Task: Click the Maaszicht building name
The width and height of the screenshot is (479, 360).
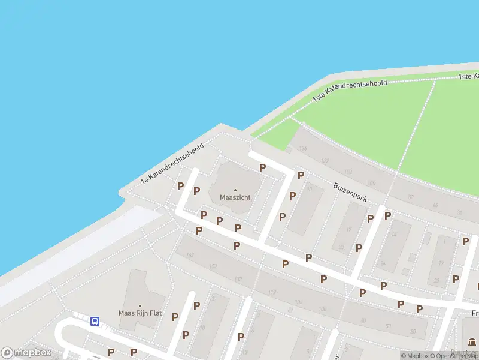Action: (x=235, y=197)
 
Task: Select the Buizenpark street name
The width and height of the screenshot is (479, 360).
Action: (x=350, y=193)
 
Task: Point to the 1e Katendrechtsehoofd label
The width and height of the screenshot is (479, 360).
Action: (x=172, y=163)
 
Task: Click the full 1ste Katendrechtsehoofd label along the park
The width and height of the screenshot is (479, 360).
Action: (x=350, y=91)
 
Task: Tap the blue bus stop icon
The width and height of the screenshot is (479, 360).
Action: (x=95, y=321)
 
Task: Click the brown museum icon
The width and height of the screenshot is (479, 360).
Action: (x=472, y=342)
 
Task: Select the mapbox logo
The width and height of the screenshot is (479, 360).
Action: (x=26, y=353)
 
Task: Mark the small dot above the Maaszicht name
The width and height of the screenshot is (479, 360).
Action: (x=235, y=190)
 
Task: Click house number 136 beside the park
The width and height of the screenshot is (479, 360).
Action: (x=302, y=148)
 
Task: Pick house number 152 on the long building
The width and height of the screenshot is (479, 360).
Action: (x=213, y=266)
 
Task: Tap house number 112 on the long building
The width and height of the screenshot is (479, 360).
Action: (x=272, y=293)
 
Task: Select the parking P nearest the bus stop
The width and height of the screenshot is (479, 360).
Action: (x=111, y=352)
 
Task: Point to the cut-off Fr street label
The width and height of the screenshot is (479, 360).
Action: (x=475, y=313)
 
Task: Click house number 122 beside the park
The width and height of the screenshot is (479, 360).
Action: (x=325, y=161)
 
